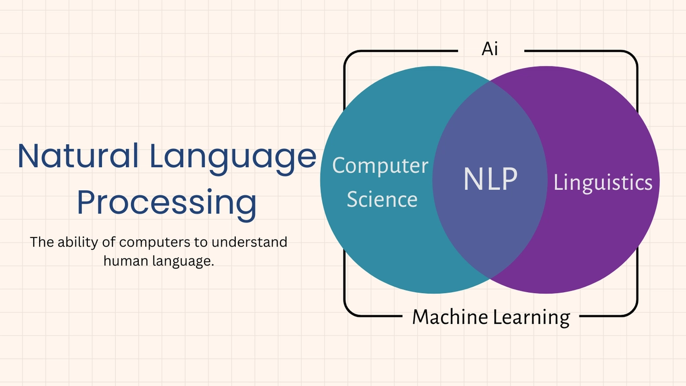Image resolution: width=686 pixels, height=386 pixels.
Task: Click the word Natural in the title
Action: [78, 155]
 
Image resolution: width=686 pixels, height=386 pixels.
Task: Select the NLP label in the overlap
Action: [490, 179]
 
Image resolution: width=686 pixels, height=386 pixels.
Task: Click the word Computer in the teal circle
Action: [380, 166]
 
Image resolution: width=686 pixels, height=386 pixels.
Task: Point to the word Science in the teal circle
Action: [382, 199]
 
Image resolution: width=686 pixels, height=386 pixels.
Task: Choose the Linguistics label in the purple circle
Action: [603, 183]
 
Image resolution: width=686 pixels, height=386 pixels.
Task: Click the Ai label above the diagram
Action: [490, 49]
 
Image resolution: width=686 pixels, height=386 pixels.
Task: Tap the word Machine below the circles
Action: [450, 317]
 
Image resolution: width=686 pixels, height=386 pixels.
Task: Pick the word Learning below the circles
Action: [531, 318]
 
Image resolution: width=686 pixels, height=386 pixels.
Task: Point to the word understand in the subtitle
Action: [249, 242]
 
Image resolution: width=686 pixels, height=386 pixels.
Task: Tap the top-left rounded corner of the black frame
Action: [348, 55]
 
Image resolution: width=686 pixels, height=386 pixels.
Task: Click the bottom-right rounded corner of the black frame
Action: [633, 311]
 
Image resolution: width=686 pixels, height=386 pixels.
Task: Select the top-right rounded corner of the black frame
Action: [633, 55]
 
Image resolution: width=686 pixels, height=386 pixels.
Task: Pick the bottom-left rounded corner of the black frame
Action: [348, 311]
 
